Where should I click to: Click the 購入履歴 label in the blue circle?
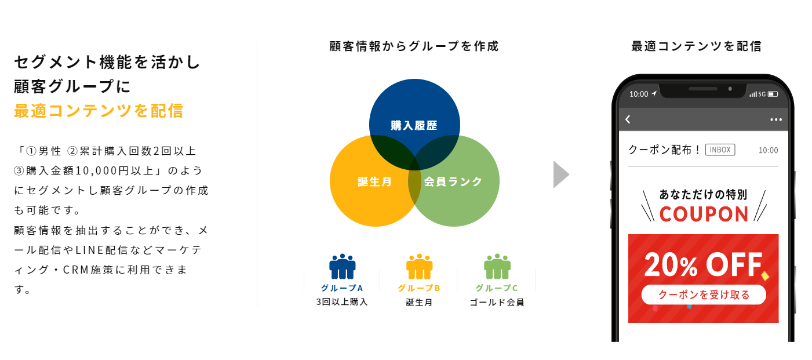click(414, 125)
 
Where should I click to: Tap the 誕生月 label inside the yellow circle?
click(374, 181)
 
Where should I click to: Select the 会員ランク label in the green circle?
click(453, 181)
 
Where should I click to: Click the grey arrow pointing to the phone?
click(561, 174)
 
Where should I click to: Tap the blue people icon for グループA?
click(342, 267)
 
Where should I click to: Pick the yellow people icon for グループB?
click(420, 267)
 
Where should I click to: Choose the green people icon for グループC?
click(497, 267)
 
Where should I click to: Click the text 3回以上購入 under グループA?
click(342, 302)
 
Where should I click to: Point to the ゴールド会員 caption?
click(497, 303)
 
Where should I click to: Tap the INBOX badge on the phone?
click(720, 150)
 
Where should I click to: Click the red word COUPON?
click(704, 214)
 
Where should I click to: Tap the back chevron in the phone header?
click(628, 119)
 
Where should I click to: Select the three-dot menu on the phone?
click(775, 119)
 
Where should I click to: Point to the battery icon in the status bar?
click(773, 94)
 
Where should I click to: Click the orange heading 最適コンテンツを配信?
click(99, 111)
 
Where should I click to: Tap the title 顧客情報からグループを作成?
click(414, 46)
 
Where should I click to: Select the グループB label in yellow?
click(419, 288)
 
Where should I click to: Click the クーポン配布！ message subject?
click(664, 150)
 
